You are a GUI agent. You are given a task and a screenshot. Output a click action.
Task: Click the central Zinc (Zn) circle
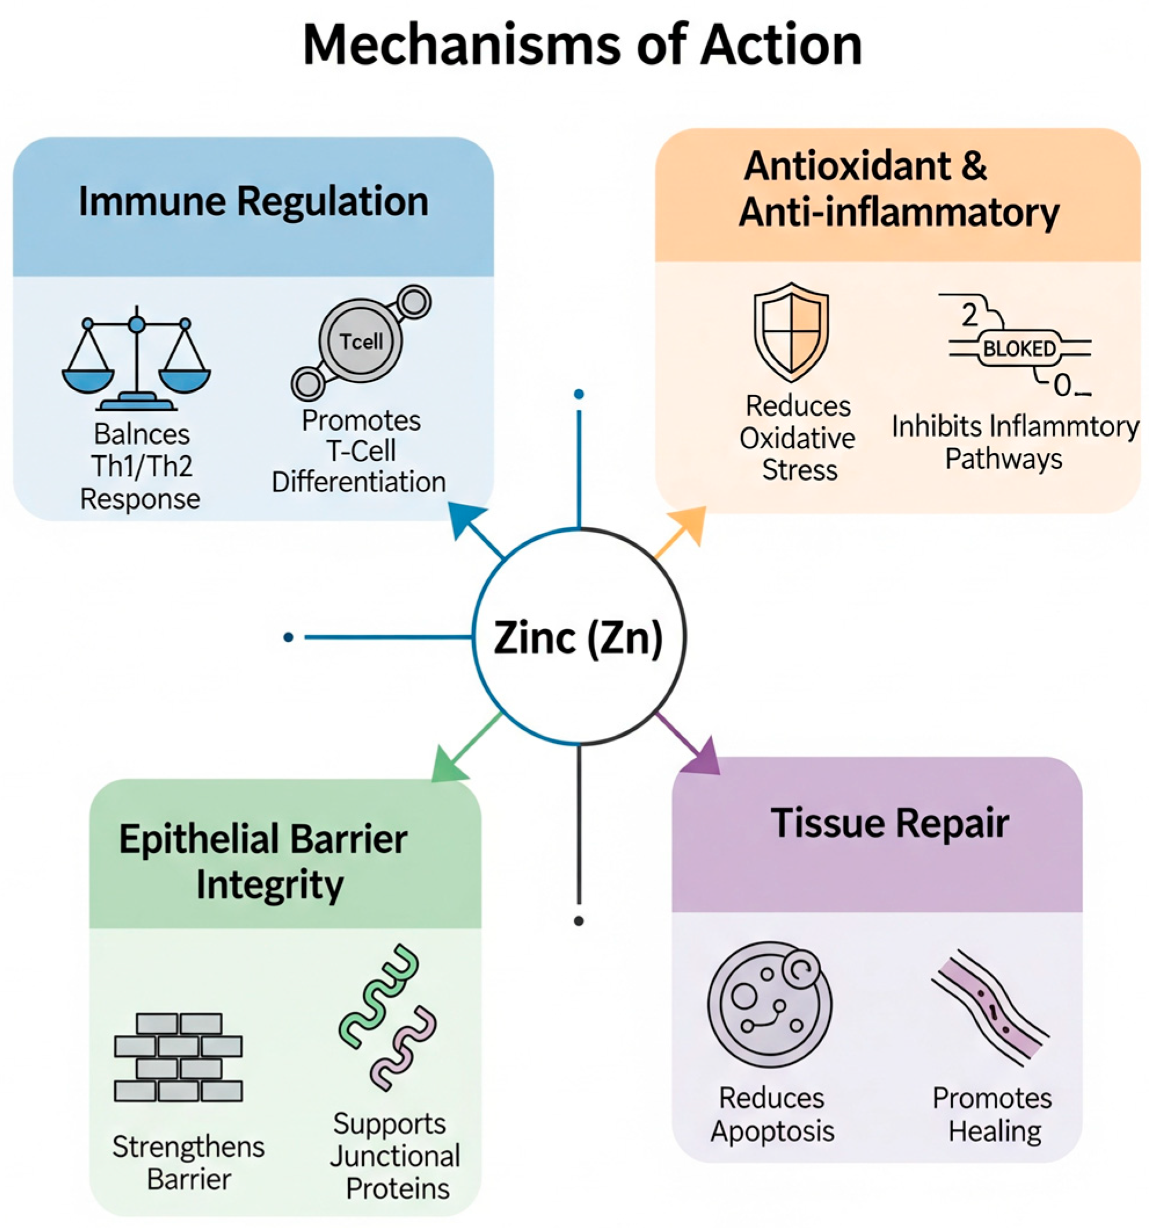578,637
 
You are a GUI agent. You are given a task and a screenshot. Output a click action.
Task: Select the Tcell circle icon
361,341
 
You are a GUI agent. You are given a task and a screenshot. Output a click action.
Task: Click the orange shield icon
791,332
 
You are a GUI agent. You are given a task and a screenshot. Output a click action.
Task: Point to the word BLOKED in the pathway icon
1019,350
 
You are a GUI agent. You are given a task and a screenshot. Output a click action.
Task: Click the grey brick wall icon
178,1057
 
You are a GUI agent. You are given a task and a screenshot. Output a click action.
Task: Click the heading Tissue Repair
889,824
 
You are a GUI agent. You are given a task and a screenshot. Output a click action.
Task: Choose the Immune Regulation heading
253,202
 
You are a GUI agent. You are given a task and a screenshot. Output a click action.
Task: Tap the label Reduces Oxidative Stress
798,438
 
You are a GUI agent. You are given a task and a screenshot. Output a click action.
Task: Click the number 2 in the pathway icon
969,315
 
